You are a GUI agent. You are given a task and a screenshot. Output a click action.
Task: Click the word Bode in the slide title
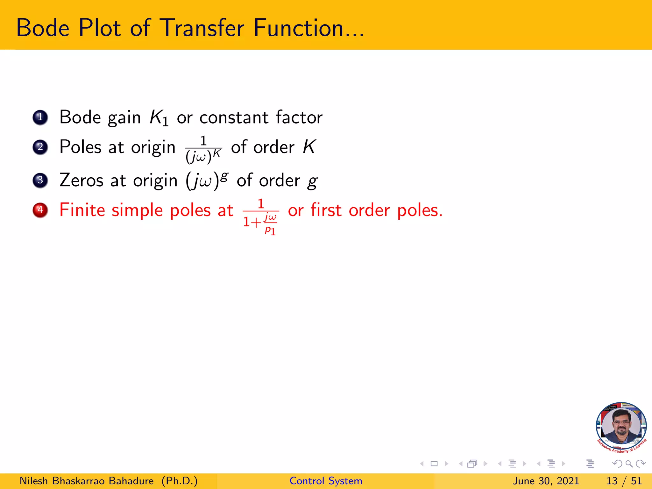click(43, 28)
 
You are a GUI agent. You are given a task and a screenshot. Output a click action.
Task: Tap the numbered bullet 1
click(40, 117)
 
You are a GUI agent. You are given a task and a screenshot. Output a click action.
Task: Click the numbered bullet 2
click(40, 147)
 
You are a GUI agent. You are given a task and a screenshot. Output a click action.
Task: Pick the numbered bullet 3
click(40, 180)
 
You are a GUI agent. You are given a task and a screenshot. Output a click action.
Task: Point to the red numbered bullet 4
click(40, 210)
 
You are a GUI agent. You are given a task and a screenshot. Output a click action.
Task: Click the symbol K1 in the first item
click(159, 118)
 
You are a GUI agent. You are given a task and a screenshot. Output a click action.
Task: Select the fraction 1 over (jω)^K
click(203, 149)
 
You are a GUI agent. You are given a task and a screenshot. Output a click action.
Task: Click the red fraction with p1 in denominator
click(261, 216)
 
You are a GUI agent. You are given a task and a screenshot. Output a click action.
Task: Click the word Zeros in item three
click(81, 181)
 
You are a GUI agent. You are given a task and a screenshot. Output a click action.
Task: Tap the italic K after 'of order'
click(309, 147)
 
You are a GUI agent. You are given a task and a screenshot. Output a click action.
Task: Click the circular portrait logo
click(621, 427)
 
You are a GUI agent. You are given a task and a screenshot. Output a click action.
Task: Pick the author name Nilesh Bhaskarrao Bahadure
click(87, 481)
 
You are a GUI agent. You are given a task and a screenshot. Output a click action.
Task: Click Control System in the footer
click(326, 481)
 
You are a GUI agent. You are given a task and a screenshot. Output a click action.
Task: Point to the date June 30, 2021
click(545, 481)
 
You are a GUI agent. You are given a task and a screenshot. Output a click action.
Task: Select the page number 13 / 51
click(624, 481)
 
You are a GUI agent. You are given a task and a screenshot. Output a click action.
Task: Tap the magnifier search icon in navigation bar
click(629, 464)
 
